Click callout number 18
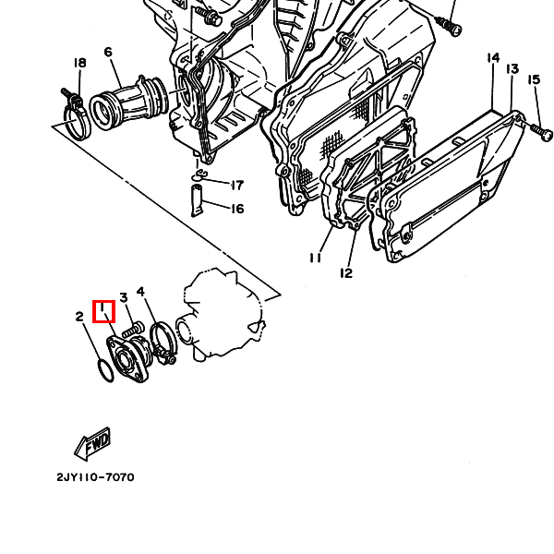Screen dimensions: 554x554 (79, 63)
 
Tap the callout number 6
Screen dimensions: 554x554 (108, 52)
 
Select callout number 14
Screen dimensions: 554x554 (493, 57)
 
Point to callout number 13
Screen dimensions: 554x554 (512, 68)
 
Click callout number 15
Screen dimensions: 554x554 (534, 79)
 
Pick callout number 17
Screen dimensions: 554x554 (237, 186)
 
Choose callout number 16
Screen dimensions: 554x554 (237, 209)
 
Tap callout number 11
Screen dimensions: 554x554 (315, 258)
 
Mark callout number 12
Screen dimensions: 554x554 (346, 272)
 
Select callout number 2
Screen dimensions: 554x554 (79, 316)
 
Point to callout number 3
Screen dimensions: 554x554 (124, 297)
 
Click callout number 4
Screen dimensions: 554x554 (140, 292)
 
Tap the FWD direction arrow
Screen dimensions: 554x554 (92, 444)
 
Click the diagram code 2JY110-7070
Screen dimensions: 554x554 (95, 477)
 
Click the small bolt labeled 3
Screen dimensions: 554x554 (133, 329)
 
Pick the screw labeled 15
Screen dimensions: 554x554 (537, 131)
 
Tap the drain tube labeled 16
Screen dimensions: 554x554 (198, 200)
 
